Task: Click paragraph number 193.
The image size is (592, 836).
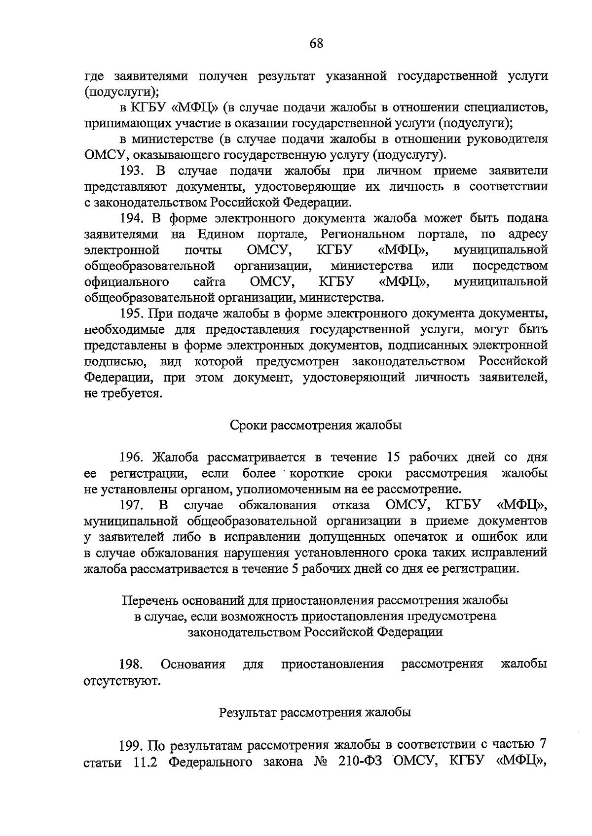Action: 132,171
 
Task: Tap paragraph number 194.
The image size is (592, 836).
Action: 132,218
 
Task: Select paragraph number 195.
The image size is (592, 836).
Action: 132,313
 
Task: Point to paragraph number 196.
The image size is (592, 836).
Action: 132,457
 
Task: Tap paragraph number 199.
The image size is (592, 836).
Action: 132,744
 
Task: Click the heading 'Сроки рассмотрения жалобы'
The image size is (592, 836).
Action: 316,425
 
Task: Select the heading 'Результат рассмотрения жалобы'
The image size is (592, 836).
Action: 315,712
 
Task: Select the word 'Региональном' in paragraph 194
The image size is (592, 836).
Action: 362,234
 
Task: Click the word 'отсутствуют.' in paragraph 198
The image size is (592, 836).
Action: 122,681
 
